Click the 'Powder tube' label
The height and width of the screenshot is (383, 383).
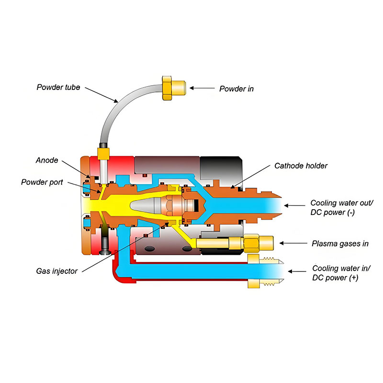58,87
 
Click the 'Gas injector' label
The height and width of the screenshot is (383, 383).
56,271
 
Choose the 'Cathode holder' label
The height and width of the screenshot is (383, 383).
301,166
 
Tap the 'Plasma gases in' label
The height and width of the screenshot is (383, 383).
340,243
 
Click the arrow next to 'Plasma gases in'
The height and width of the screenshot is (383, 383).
292,243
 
